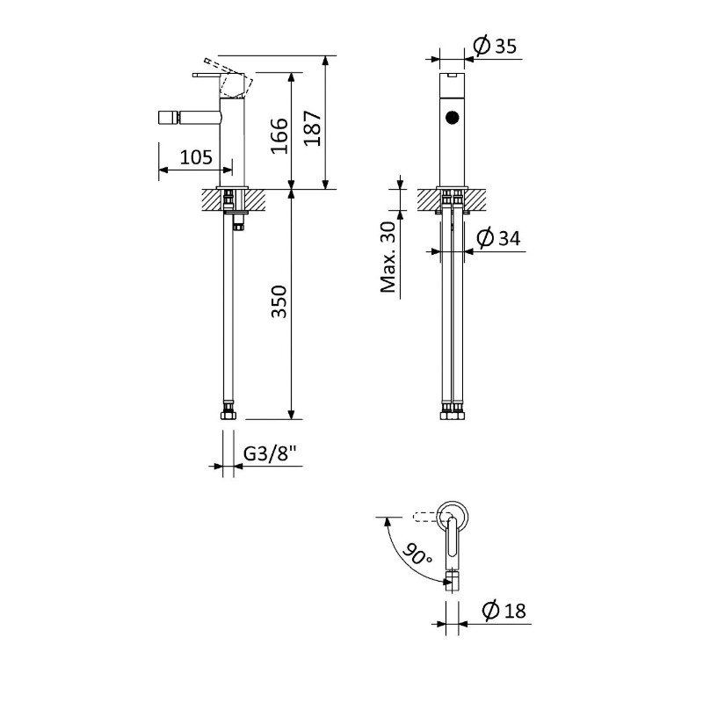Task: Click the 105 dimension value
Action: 196,157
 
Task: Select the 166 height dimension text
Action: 279,136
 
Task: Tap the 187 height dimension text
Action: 313,128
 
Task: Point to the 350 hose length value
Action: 279,301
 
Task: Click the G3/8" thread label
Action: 271,453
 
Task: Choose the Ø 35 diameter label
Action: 495,46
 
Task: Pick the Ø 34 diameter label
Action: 498,237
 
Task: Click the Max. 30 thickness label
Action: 388,257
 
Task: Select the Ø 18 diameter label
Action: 504,610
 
